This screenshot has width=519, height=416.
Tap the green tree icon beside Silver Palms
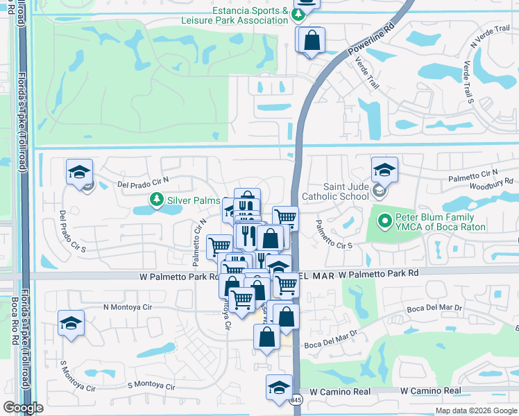tap(158, 200)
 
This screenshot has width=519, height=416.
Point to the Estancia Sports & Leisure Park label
tap(250, 15)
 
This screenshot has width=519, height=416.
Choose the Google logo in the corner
tap(23, 408)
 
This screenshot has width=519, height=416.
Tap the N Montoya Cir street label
tap(127, 306)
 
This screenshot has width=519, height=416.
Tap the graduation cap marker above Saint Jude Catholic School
tap(384, 168)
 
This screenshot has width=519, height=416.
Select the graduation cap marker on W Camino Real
tap(279, 387)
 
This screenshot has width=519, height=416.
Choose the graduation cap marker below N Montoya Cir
tap(71, 324)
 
